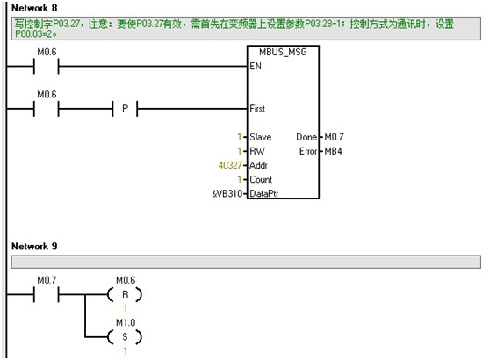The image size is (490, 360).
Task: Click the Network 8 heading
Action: click(34, 8)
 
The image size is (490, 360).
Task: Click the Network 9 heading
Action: click(34, 246)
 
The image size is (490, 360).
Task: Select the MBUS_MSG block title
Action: click(283, 52)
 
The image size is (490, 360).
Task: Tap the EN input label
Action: click(256, 66)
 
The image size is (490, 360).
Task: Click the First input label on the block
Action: click(257, 109)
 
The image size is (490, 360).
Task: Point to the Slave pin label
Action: click(260, 137)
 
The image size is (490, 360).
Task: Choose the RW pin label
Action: click(257, 151)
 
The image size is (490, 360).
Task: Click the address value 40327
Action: click(230, 165)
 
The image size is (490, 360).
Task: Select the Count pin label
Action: click(261, 179)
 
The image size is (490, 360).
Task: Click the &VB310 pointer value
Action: click(227, 193)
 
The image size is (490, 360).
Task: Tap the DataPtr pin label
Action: click(264, 193)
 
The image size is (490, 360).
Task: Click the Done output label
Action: click(306, 137)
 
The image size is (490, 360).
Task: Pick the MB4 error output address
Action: click(333, 151)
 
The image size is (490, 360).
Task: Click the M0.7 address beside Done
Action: click(334, 137)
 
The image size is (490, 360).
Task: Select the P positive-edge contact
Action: click(125, 109)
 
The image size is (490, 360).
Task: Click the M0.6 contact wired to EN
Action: click(47, 66)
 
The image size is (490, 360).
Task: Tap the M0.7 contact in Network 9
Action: click(47, 294)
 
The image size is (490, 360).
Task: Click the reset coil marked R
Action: click(125, 294)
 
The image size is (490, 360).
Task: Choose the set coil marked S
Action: click(125, 337)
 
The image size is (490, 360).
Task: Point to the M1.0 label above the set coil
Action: click(126, 322)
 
